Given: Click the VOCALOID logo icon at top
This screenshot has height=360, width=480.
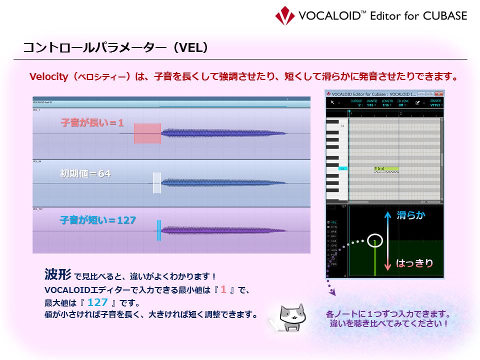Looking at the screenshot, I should coord(285,15).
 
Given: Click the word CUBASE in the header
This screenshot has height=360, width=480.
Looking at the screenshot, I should coord(442,15).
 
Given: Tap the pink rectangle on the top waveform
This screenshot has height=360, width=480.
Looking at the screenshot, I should coord(147,133).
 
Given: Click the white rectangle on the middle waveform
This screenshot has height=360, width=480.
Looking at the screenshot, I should coord(157,183).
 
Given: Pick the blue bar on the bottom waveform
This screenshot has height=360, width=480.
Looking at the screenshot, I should coord(158,230).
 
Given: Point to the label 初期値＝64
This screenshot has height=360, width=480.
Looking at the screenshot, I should coord(85,173).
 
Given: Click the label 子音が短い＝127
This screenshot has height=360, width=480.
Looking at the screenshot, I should coord(97,219).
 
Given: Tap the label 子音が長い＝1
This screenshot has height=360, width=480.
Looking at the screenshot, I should coord(92,122).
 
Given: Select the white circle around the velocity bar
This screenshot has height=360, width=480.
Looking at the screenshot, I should coord(374,241).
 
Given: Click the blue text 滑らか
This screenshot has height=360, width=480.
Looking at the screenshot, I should coord(411,215).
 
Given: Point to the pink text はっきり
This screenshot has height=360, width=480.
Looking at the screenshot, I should coord(414,263).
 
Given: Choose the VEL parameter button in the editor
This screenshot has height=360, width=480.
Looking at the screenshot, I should coord(333,222).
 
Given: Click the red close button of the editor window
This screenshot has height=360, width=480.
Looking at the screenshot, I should coord(438,93).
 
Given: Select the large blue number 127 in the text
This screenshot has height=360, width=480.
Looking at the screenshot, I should coord(97,302).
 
